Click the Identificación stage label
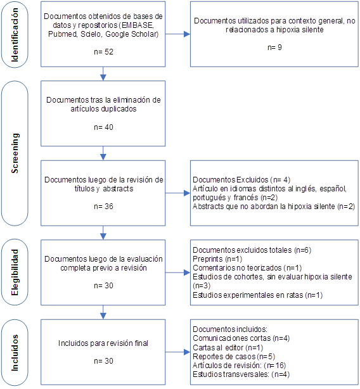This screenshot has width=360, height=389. pyautogui.click(x=15, y=34)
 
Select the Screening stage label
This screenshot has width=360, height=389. pyautogui.click(x=15, y=153)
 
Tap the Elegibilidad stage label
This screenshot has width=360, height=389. pyautogui.click(x=15, y=272)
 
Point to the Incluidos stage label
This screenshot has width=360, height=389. pyautogui.click(x=15, y=353)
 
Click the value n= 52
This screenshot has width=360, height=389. pyautogui.click(x=103, y=51)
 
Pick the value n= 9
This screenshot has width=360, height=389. pyautogui.click(x=274, y=47)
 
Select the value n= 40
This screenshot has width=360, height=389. pyautogui.click(x=103, y=127)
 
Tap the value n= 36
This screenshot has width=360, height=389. pyautogui.click(x=103, y=206)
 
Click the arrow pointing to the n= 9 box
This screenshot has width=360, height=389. pyautogui.click(x=177, y=34)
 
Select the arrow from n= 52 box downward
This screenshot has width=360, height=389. pyautogui.click(x=103, y=73)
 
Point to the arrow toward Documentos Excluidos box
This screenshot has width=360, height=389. pyautogui.click(x=177, y=193)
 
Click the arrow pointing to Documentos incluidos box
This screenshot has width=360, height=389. pyautogui.click(x=177, y=352)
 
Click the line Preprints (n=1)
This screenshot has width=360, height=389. pyautogui.click(x=217, y=258)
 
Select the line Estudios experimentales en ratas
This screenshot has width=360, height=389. pyautogui.click(x=257, y=295)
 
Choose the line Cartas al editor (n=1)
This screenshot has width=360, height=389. pyautogui.click(x=228, y=348)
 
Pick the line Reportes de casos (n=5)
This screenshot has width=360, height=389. pyautogui.click(x=234, y=357)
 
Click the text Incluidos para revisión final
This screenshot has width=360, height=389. pyautogui.click(x=103, y=343)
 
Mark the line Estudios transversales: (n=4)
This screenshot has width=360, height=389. pyautogui.click(x=241, y=374)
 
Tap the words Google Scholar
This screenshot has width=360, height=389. pyautogui.click(x=132, y=34)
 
